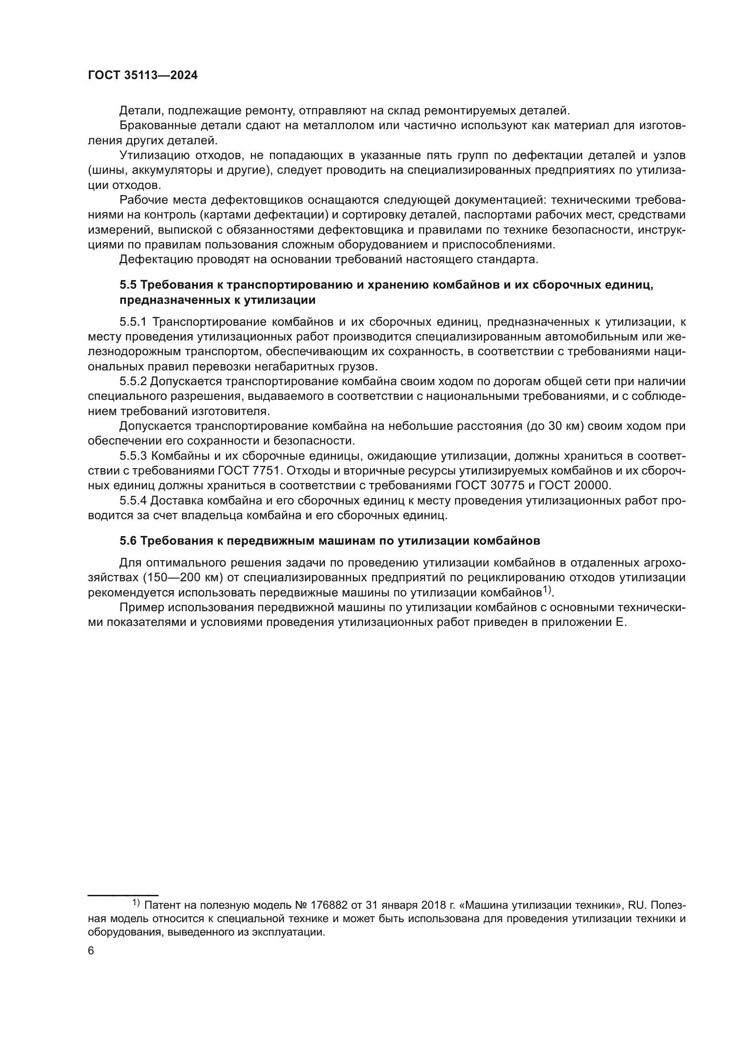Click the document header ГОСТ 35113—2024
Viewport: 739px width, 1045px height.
[x=143, y=76]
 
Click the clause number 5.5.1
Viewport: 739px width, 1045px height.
[x=133, y=322]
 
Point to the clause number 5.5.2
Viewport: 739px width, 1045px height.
[x=133, y=382]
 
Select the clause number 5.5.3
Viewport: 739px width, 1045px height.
[x=133, y=456]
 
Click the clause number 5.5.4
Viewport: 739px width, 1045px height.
[x=133, y=501]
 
